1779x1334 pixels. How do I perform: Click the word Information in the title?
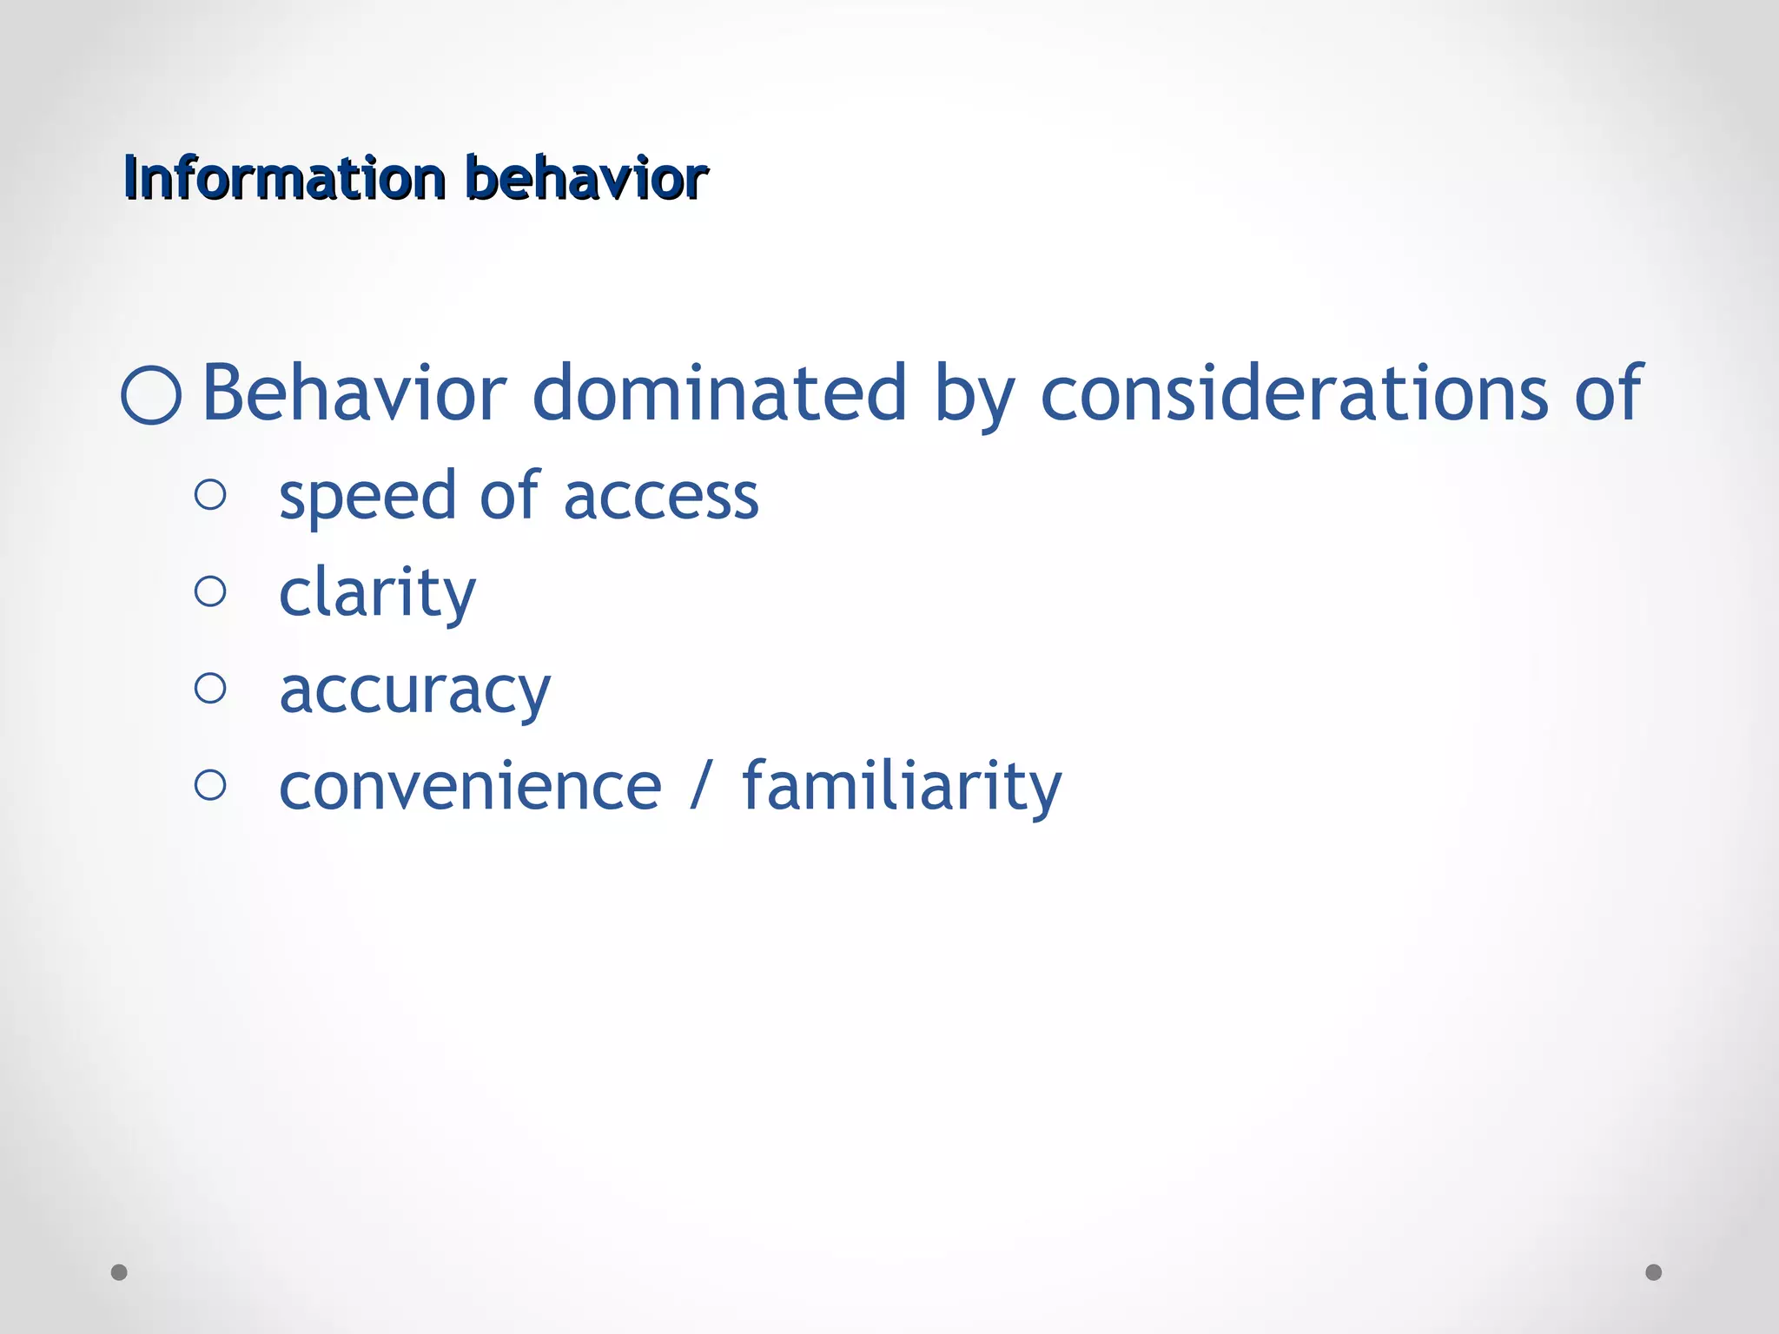coord(284,178)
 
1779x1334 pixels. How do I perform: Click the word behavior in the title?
coord(586,178)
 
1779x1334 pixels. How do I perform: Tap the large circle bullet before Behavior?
coord(151,395)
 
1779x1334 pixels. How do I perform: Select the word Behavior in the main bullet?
coord(354,393)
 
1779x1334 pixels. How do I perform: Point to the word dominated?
coord(719,393)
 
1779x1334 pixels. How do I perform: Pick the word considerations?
coord(1294,393)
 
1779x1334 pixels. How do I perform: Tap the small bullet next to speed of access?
coord(210,495)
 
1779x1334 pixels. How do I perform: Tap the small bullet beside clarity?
coord(210,591)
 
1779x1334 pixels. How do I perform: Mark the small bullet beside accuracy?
coord(210,689)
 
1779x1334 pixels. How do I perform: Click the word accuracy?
coord(414,692)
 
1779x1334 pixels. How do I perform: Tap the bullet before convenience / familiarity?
coord(210,785)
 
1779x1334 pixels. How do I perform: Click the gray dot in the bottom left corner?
coord(119,1272)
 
